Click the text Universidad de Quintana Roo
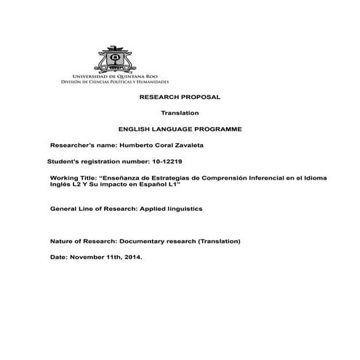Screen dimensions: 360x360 click(112, 76)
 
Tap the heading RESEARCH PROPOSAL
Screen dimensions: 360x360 click(179, 97)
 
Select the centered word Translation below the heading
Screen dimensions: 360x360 click(180, 113)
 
